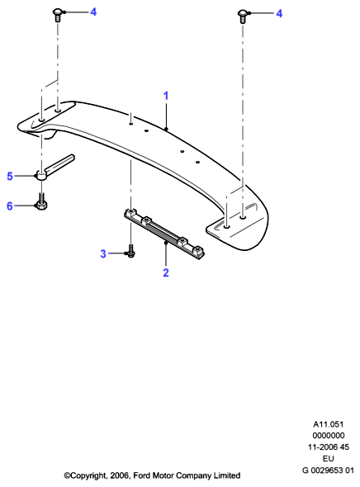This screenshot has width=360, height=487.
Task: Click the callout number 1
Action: click(166, 96)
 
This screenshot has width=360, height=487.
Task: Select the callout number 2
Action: click(166, 272)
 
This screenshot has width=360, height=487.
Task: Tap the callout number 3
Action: click(103, 253)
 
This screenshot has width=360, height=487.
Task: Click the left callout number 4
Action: click(93, 12)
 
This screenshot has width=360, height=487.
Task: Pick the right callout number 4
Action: click(279, 13)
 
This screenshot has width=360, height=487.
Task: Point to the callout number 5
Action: click(10, 176)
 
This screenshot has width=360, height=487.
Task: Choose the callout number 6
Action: click(10, 206)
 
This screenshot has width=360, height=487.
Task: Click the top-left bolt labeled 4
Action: click(58, 15)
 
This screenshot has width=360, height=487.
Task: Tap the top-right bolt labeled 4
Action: click(243, 17)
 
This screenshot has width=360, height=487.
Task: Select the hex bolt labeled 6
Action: click(41, 201)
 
